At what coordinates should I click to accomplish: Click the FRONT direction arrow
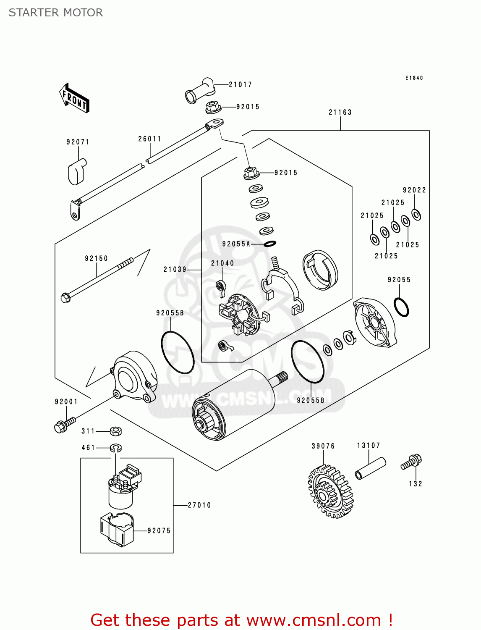[75, 98]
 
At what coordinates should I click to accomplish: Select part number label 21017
[240, 84]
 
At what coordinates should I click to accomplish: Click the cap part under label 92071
[76, 171]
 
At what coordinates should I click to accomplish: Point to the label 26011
[150, 139]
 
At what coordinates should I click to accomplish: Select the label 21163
[340, 112]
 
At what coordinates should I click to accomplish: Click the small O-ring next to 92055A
[270, 244]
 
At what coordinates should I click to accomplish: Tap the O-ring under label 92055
[401, 307]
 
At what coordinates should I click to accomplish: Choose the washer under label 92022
[416, 215]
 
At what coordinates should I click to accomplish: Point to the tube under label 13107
[370, 468]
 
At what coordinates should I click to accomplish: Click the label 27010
[199, 505]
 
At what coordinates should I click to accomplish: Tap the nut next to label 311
[116, 431]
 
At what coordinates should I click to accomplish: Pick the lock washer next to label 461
[116, 448]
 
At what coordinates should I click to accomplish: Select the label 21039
[175, 269]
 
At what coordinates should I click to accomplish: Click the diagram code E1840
[414, 78]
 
